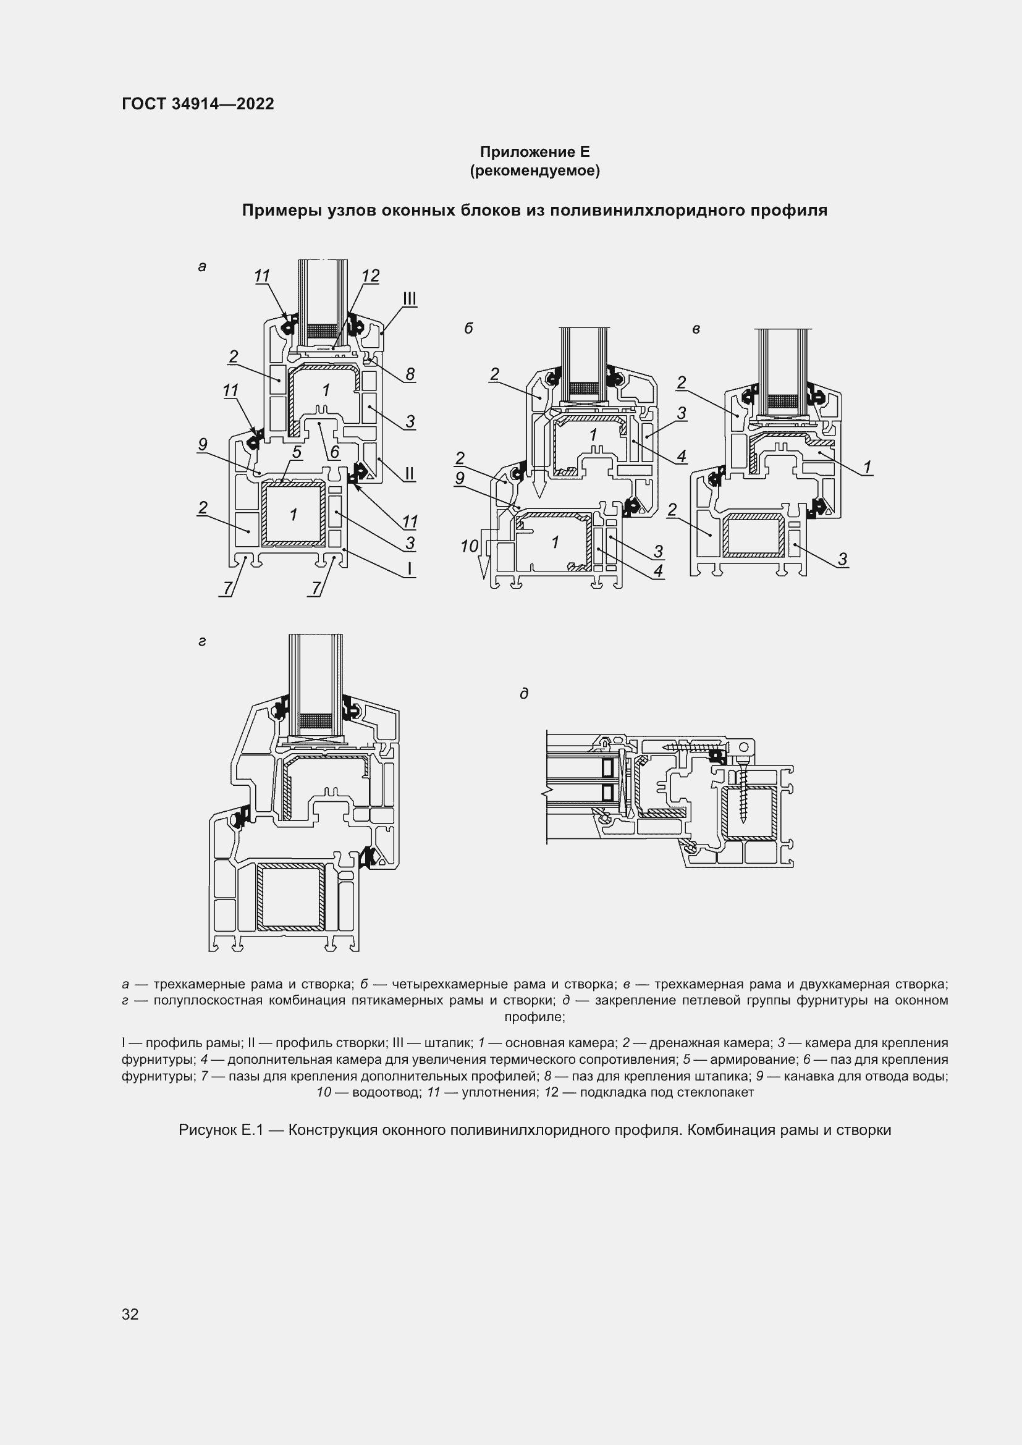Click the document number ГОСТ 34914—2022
pos(198,104)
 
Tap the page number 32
pos(130,1313)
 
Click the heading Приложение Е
pos(534,152)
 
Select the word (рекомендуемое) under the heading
pos(534,171)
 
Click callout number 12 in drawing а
pos(371,276)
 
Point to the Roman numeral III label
pos(410,298)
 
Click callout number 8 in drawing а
pos(410,374)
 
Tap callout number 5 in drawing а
pos(297,452)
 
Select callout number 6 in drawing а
pos(334,452)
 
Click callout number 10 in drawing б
pos(469,546)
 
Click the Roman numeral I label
pos(409,569)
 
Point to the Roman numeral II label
pos(409,473)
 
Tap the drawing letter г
pos(202,642)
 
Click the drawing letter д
pos(523,694)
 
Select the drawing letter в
pos(696,329)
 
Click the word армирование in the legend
pos(748,1060)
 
